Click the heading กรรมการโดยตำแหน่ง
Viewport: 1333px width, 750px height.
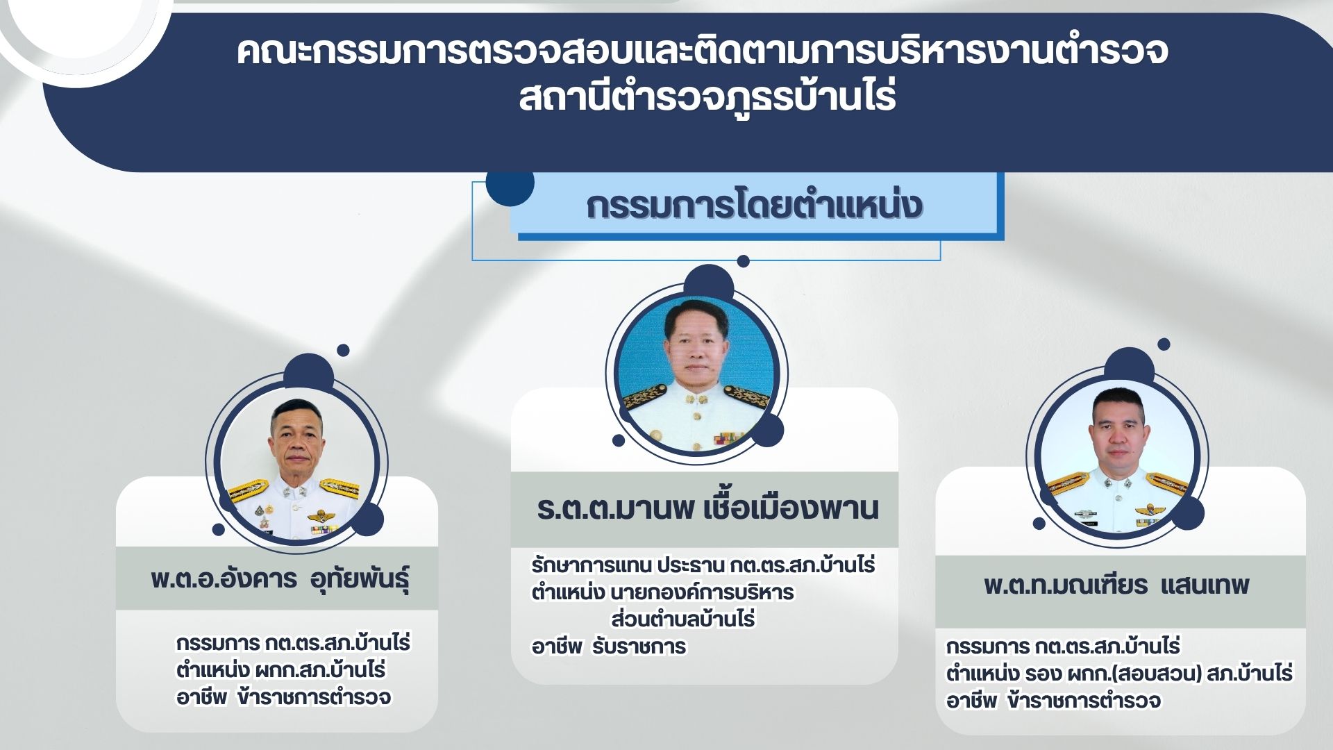(x=754, y=206)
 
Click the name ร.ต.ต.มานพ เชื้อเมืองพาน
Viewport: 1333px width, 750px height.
(x=707, y=509)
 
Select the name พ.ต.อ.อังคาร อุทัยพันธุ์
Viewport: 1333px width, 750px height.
(x=280, y=578)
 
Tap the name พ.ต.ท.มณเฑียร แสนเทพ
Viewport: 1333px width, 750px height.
(x=1116, y=585)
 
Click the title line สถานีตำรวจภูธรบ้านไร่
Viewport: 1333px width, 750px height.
(x=707, y=98)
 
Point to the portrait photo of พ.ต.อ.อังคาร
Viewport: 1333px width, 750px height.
(x=296, y=462)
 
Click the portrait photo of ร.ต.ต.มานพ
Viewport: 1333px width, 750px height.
(x=696, y=374)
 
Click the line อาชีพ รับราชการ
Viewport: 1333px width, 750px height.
(x=608, y=647)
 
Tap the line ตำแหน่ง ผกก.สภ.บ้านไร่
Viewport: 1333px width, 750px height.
(x=280, y=670)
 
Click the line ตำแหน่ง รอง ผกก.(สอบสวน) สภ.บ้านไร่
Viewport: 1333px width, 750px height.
(x=1119, y=674)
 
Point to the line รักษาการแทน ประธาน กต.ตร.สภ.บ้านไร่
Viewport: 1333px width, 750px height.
(x=703, y=565)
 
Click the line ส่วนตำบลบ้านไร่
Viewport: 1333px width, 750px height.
(x=683, y=619)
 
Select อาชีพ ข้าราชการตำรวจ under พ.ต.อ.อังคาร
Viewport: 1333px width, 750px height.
(x=283, y=697)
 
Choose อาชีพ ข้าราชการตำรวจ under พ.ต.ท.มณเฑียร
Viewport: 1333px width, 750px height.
(x=1053, y=701)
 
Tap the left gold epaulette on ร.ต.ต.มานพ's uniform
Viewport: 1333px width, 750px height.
(x=645, y=398)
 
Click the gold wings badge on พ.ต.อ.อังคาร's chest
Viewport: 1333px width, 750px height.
(x=320, y=516)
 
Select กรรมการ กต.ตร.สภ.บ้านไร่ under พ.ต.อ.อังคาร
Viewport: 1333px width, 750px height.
(x=293, y=643)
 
